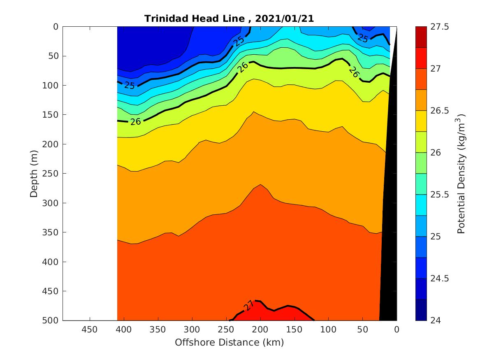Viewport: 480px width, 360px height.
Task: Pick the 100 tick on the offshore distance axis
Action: pyautogui.click(x=328, y=330)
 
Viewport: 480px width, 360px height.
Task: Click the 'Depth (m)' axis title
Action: pyautogui.click(x=34, y=174)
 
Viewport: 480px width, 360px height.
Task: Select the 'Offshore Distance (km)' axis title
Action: pyautogui.click(x=229, y=342)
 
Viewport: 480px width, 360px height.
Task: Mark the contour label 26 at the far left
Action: pyautogui.click(x=136, y=121)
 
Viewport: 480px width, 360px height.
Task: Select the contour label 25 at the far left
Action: pyautogui.click(x=130, y=86)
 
